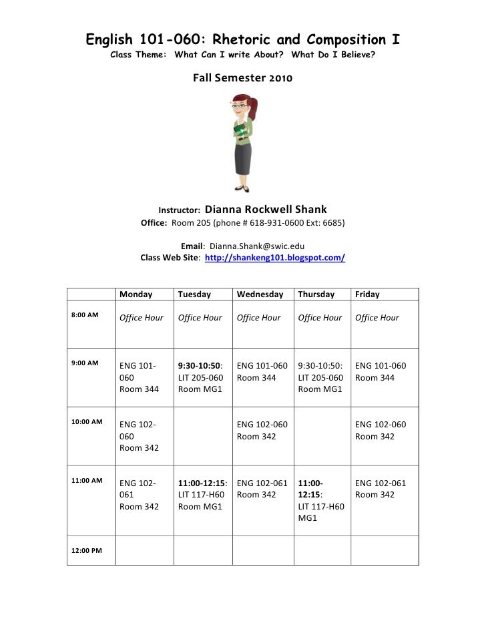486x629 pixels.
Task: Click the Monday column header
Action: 136,294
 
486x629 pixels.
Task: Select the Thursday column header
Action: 316,294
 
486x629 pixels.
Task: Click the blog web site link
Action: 274,257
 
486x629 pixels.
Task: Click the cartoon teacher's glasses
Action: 240,106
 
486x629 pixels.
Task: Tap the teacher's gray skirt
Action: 243,158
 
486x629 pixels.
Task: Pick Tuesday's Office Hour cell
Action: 200,318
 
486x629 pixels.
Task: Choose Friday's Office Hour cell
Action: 377,318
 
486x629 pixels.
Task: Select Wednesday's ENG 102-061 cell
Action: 262,489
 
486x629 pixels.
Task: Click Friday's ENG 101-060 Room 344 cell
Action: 381,372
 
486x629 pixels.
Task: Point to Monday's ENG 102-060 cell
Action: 139,436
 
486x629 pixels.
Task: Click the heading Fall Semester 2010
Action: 242,78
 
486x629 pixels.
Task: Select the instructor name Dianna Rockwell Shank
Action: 265,209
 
